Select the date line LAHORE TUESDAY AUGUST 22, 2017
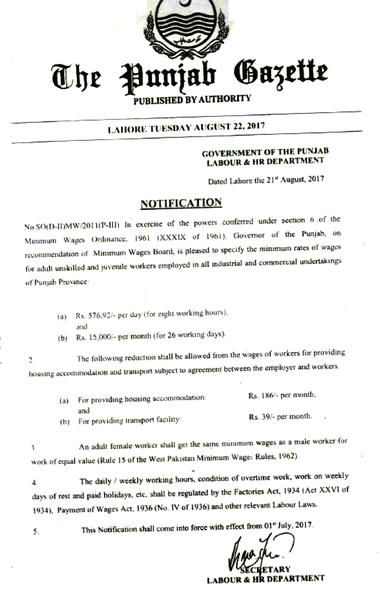click(187, 126)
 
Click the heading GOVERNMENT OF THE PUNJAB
click(263, 151)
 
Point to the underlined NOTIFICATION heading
click(181, 203)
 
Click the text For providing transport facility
click(128, 420)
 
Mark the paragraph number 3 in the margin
click(34, 448)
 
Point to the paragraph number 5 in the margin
click(36, 531)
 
